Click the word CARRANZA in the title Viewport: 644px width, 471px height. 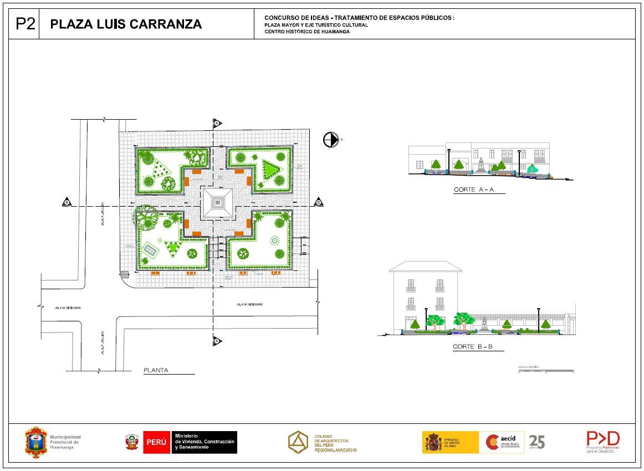(x=165, y=24)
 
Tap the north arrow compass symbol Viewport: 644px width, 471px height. (x=330, y=140)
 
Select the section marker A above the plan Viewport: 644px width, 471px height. (x=217, y=122)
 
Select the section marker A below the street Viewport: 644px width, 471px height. (x=217, y=341)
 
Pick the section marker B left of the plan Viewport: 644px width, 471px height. (x=67, y=202)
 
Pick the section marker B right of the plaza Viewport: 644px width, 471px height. (x=319, y=202)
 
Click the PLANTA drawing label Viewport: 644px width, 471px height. (x=156, y=370)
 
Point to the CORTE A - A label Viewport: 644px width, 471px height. (x=473, y=190)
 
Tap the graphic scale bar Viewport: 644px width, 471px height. (x=546, y=371)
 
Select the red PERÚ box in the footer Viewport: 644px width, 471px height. (x=156, y=442)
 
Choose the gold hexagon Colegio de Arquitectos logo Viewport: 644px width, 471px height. (x=299, y=442)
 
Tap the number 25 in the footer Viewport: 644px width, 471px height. (x=537, y=442)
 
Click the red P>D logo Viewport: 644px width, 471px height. (x=603, y=439)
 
